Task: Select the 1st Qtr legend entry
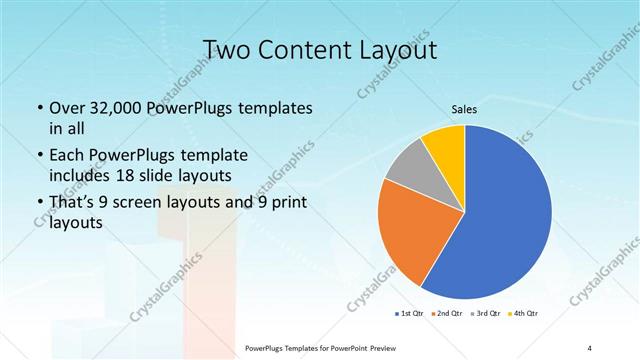click(x=409, y=314)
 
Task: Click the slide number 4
click(x=590, y=346)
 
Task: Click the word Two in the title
click(x=225, y=49)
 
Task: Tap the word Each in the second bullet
click(x=66, y=156)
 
